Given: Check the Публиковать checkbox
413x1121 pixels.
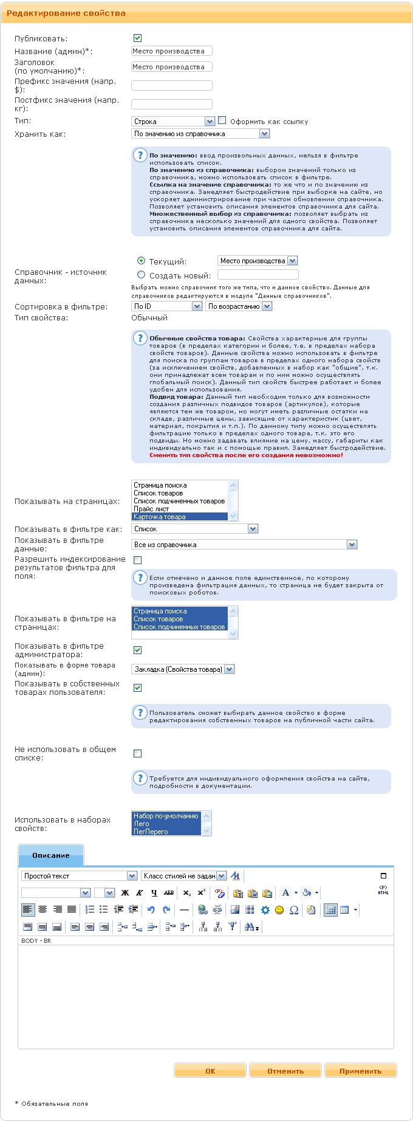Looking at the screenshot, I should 137,38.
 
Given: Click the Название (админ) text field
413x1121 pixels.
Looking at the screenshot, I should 172,51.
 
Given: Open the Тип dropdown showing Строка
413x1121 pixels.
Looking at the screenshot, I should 173,122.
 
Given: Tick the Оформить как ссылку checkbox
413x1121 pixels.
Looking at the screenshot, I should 222,120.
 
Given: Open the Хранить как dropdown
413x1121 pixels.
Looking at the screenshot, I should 200,134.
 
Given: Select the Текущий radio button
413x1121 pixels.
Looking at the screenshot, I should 142,260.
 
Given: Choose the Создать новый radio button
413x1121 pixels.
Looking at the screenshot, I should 142,275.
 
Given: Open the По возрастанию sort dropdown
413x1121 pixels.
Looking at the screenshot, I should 239,306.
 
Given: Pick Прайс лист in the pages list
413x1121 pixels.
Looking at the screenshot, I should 151,509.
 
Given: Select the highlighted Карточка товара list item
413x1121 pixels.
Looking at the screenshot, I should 160,517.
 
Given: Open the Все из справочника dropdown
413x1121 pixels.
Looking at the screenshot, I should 244,545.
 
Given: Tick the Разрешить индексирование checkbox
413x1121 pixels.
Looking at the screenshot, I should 137,560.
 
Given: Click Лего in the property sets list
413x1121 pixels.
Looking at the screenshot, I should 142,824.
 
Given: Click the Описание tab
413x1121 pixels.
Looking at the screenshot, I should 51,855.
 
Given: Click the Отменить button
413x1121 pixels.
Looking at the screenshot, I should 285,1071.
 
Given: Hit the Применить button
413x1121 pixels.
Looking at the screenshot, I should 360,1071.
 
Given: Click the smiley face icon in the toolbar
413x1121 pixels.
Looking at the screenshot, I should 279,910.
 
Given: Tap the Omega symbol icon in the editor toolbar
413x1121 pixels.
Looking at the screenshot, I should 294,910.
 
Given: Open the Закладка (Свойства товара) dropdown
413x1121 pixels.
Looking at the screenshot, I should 183,669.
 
